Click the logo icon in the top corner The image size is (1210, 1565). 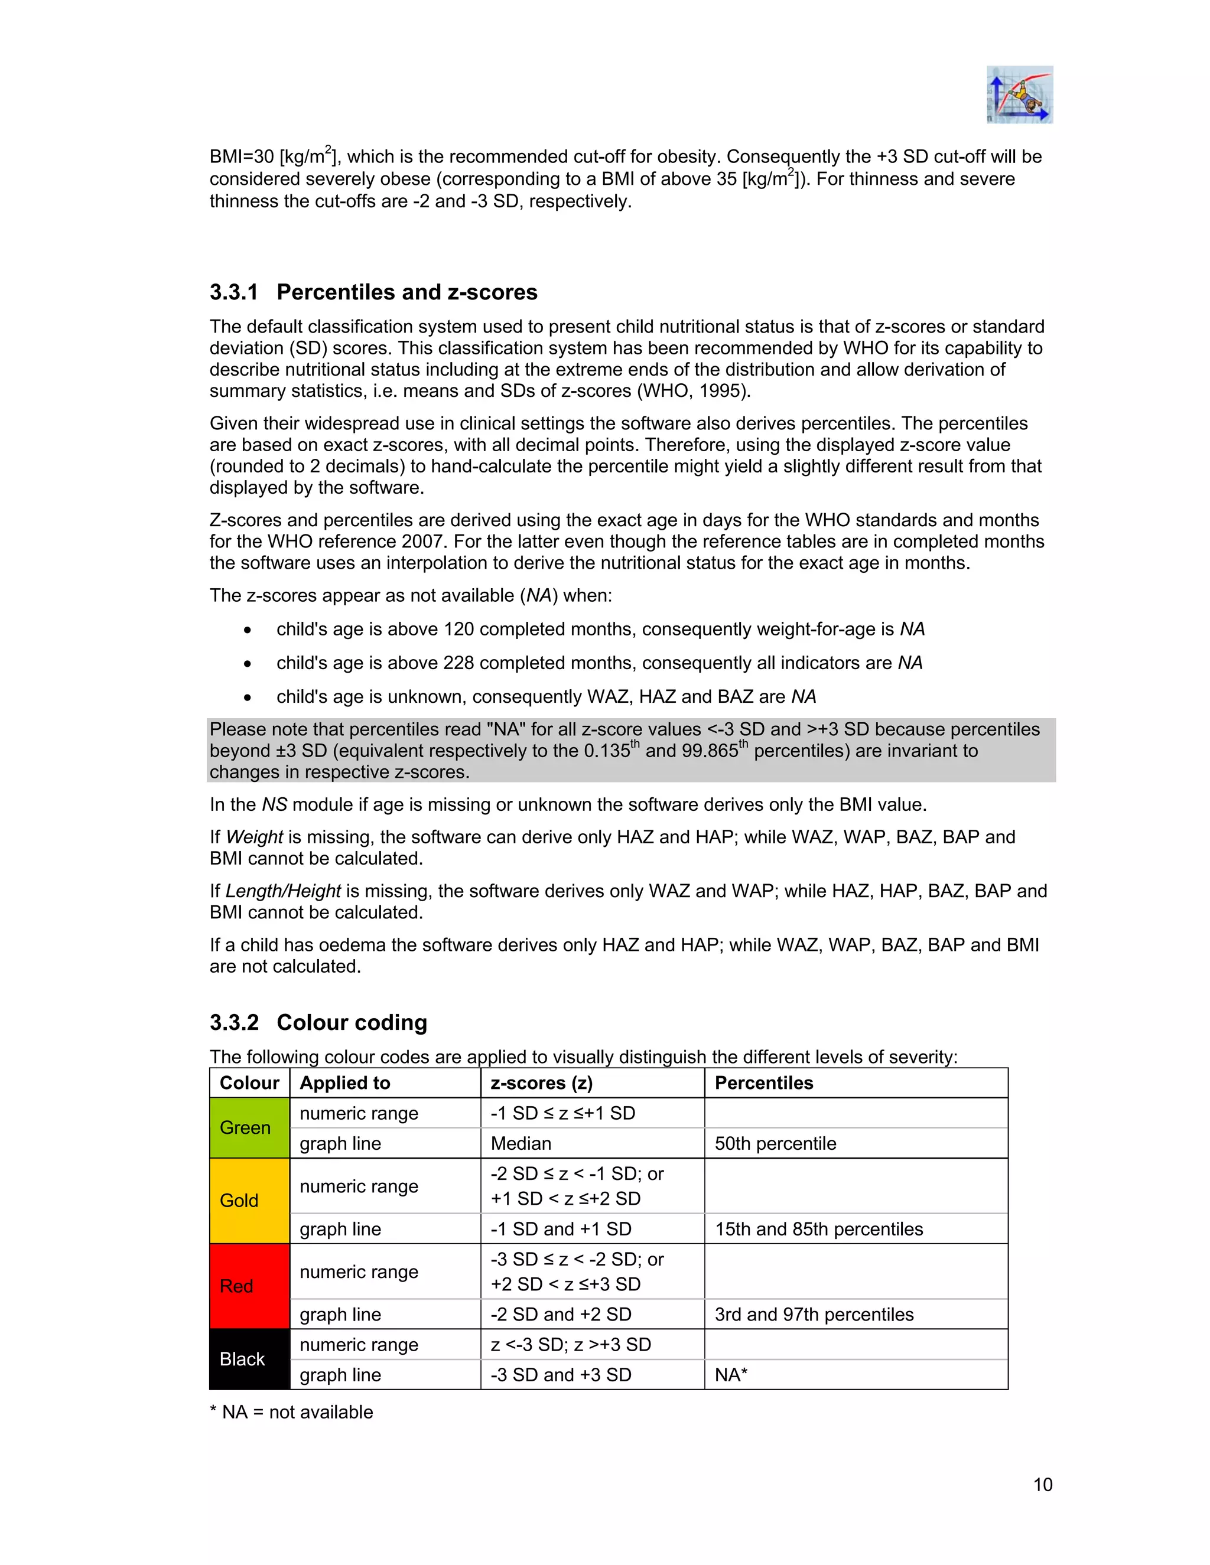click(1019, 94)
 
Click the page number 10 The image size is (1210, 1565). click(1042, 1484)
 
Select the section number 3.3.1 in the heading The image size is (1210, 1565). click(234, 292)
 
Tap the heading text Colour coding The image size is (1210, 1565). click(352, 1022)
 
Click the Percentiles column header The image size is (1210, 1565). click(763, 1083)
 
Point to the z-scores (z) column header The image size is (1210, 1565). click(541, 1083)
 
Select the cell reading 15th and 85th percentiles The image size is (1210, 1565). click(819, 1229)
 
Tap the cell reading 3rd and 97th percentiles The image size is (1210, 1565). click(814, 1314)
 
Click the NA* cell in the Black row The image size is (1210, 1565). click(731, 1374)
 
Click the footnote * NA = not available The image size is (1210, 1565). click(291, 1411)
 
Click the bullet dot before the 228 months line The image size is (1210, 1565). click(248, 664)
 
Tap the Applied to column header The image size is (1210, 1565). click(345, 1083)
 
